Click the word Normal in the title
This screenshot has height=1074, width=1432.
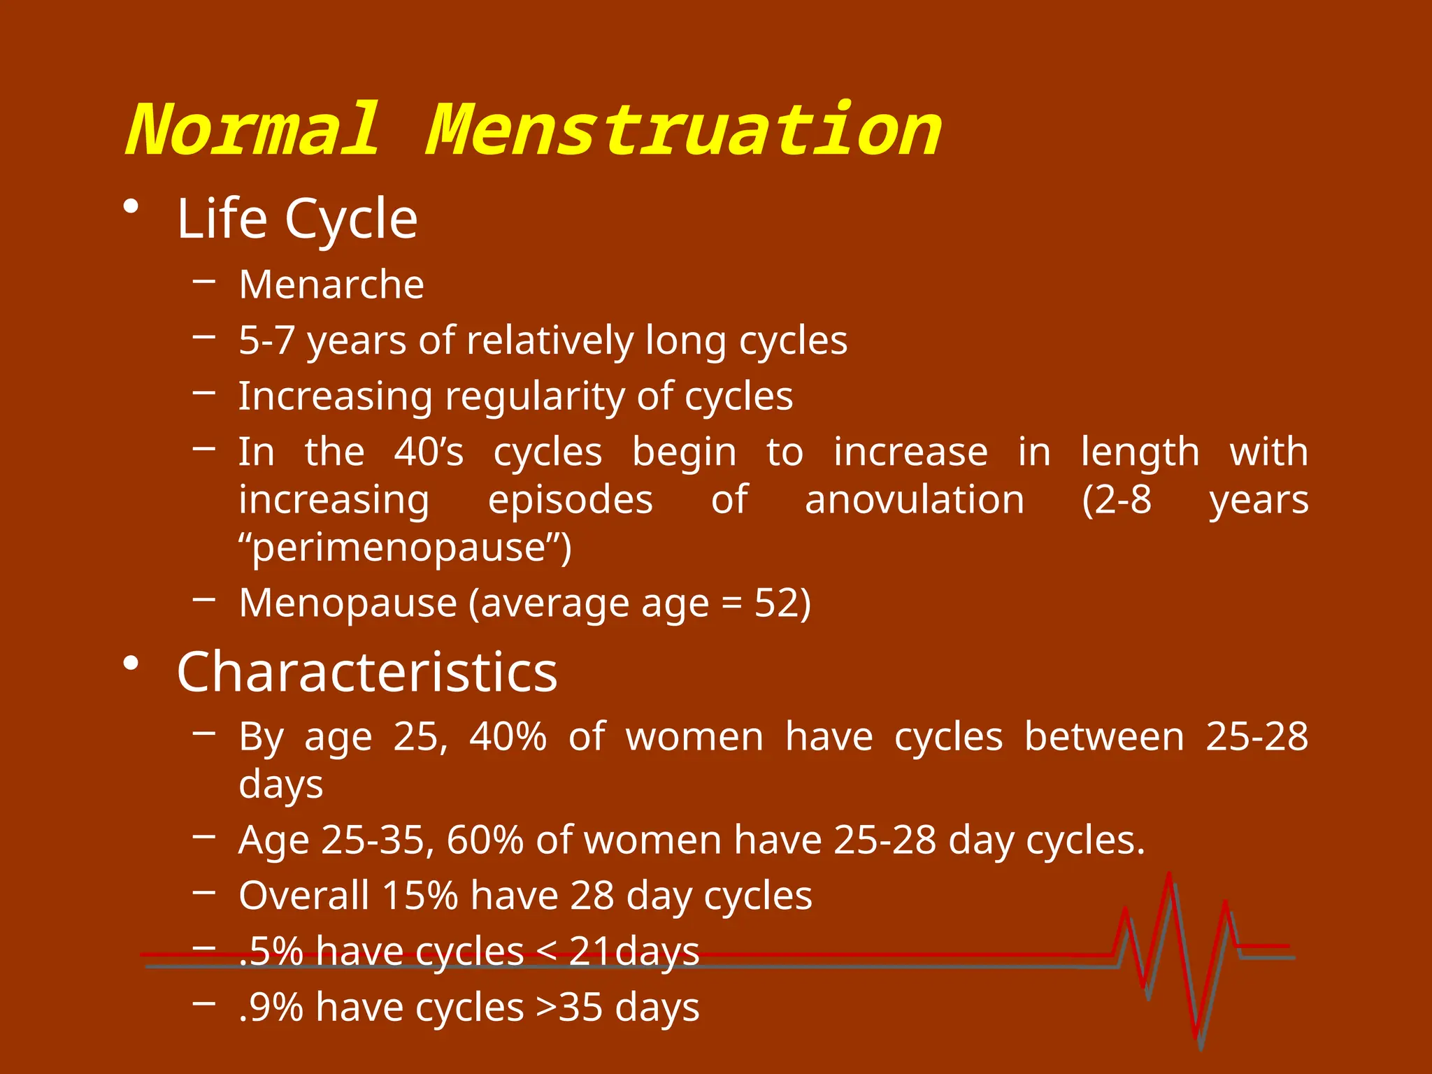tap(253, 130)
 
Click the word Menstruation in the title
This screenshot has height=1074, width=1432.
tap(683, 130)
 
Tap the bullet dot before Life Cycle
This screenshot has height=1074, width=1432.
tap(131, 208)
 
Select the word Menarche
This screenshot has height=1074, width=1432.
tap(331, 285)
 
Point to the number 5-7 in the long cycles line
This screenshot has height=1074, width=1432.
tap(266, 341)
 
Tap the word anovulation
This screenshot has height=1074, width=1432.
tap(914, 500)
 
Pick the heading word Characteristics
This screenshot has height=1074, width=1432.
tap(367, 672)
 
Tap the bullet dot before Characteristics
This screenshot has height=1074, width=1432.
tap(131, 662)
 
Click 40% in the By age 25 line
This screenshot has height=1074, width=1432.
tap(508, 736)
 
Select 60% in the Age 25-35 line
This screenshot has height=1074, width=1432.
tap(485, 840)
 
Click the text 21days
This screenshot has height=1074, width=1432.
tap(633, 952)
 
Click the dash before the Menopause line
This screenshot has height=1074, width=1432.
tap(203, 599)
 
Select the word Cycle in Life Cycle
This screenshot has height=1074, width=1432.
tap(351, 219)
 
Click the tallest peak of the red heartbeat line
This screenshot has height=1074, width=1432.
tap(1169, 875)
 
